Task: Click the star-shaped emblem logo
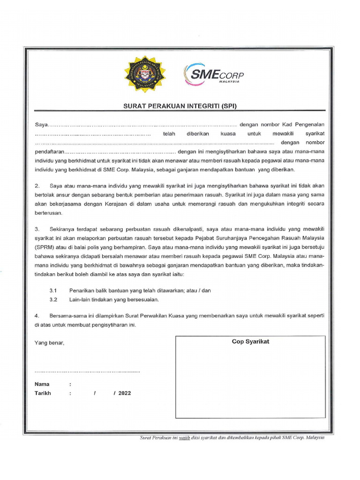(x=142, y=74)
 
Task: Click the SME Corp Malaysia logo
(x=214, y=74)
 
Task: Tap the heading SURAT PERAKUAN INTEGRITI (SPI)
(x=180, y=106)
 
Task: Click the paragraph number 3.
(x=37, y=229)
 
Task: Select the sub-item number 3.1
(x=53, y=291)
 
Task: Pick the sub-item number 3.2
(x=53, y=299)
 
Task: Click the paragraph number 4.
(x=37, y=316)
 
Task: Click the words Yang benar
(x=49, y=343)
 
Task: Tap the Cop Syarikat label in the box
(x=250, y=342)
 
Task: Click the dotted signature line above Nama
(x=87, y=371)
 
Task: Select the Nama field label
(x=42, y=384)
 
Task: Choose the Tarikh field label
(x=43, y=393)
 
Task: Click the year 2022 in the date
(x=125, y=393)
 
